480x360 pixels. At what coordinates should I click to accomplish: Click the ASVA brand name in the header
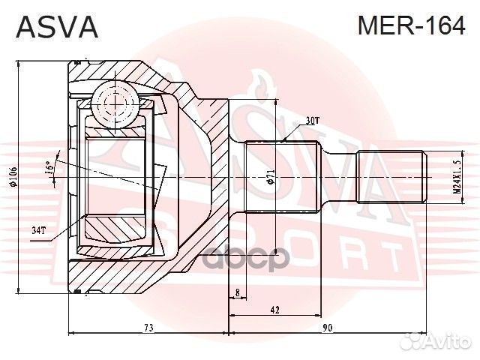point(57,27)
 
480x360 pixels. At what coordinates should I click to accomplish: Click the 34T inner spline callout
point(38,229)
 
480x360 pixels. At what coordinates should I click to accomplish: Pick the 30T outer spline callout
point(313,120)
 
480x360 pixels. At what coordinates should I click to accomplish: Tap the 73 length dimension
point(148,328)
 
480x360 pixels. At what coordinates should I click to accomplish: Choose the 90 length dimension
point(328,328)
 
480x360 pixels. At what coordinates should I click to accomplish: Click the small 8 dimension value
point(237,292)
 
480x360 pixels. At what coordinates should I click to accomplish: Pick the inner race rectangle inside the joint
point(120,177)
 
